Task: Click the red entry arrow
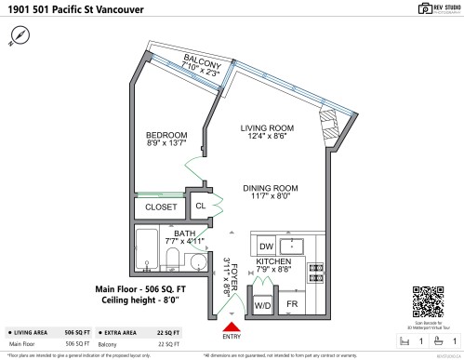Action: pyautogui.click(x=232, y=326)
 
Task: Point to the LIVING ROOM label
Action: pyautogui.click(x=267, y=130)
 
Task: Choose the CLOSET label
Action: pyautogui.click(x=161, y=207)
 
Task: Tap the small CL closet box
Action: pyautogui.click(x=201, y=207)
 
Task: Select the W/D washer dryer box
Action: pyautogui.click(x=262, y=304)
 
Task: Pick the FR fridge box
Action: pyautogui.click(x=291, y=304)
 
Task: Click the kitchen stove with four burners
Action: pyautogui.click(x=316, y=270)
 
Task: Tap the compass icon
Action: pyautogui.click(x=20, y=34)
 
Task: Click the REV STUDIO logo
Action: pyautogui.click(x=429, y=9)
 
